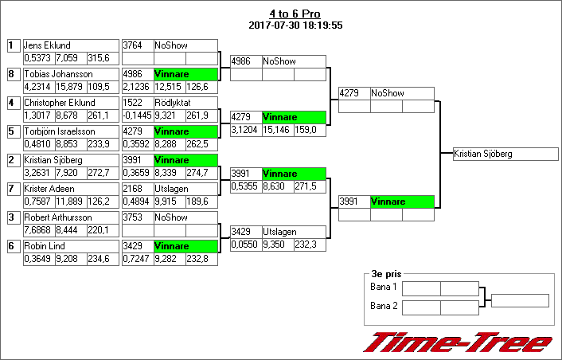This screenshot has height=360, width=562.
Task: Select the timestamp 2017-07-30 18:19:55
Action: [295, 25]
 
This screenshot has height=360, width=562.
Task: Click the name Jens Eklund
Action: [48, 45]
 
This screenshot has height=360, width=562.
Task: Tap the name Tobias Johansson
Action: [58, 74]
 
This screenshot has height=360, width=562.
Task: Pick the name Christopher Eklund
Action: [59, 103]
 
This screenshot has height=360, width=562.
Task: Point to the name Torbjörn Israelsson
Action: [60, 131]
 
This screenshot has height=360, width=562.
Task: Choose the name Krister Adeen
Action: [49, 189]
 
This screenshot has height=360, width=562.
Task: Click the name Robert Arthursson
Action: [57, 217]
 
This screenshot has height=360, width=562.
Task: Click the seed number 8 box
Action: [11, 74]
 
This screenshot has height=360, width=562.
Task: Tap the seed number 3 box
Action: [11, 217]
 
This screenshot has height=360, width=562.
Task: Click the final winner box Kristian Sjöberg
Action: [502, 154]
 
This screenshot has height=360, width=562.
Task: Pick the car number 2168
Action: [133, 189]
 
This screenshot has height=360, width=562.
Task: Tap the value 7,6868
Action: [37, 230]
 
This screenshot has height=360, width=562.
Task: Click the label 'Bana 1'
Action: [383, 287]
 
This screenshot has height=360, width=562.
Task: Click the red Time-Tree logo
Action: [458, 342]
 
